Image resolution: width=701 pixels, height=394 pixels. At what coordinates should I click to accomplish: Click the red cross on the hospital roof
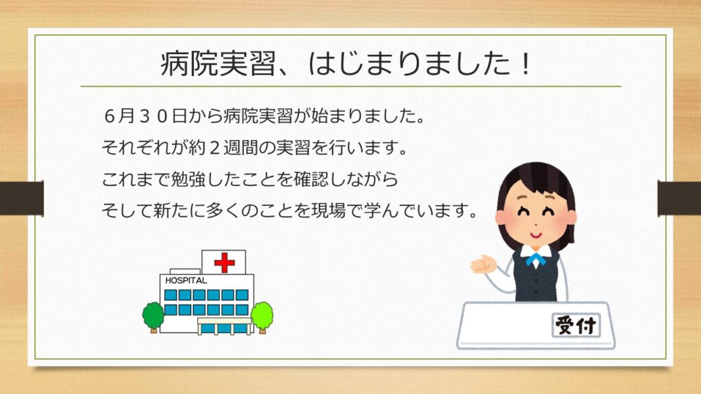(x=225, y=262)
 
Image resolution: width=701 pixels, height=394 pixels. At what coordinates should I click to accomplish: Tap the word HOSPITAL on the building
(x=186, y=280)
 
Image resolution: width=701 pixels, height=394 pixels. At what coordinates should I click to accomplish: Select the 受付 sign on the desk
(x=576, y=325)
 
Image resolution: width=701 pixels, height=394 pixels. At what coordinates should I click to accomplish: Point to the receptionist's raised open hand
(x=483, y=264)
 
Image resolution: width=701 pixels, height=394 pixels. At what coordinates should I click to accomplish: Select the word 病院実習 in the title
(x=218, y=64)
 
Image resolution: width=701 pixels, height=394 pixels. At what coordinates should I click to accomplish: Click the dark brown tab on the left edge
(x=21, y=198)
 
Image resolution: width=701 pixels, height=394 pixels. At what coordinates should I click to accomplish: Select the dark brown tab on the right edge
(x=679, y=198)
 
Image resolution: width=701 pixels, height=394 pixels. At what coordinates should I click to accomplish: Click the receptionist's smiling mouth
(x=535, y=235)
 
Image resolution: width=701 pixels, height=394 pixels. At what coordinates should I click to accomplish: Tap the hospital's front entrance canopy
(x=225, y=321)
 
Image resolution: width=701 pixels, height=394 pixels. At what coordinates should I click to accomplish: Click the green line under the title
(x=351, y=86)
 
